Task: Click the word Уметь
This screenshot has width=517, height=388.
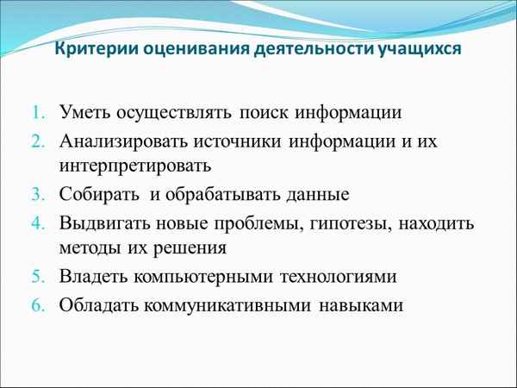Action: [84, 113]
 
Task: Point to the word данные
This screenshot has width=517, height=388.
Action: [314, 195]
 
